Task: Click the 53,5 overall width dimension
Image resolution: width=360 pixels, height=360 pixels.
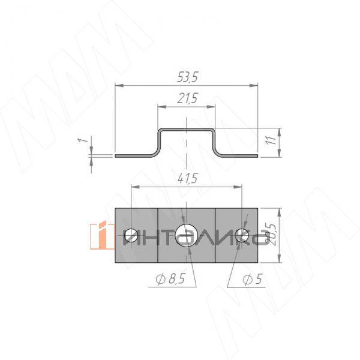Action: tap(187, 77)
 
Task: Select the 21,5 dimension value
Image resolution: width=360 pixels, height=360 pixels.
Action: tap(187, 98)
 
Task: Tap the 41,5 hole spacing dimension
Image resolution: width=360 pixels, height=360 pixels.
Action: tap(188, 178)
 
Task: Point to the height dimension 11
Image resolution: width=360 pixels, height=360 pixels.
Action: tap(272, 140)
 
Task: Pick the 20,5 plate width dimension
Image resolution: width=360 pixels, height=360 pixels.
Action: tap(271, 235)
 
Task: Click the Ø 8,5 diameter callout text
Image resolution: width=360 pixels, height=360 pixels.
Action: tap(170, 279)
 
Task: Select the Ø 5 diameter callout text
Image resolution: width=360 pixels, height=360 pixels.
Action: tap(253, 279)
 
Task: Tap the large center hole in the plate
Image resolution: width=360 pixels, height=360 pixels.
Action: tap(186, 235)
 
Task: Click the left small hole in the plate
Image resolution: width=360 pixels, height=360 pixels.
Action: tap(131, 236)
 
